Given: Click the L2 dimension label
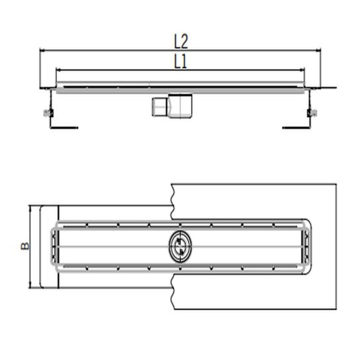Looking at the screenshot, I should click(x=181, y=41).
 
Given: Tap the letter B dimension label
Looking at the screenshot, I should click(x=25, y=246).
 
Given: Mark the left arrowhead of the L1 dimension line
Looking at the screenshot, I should click(x=58, y=68).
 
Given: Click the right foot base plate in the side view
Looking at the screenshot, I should click(x=295, y=127).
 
